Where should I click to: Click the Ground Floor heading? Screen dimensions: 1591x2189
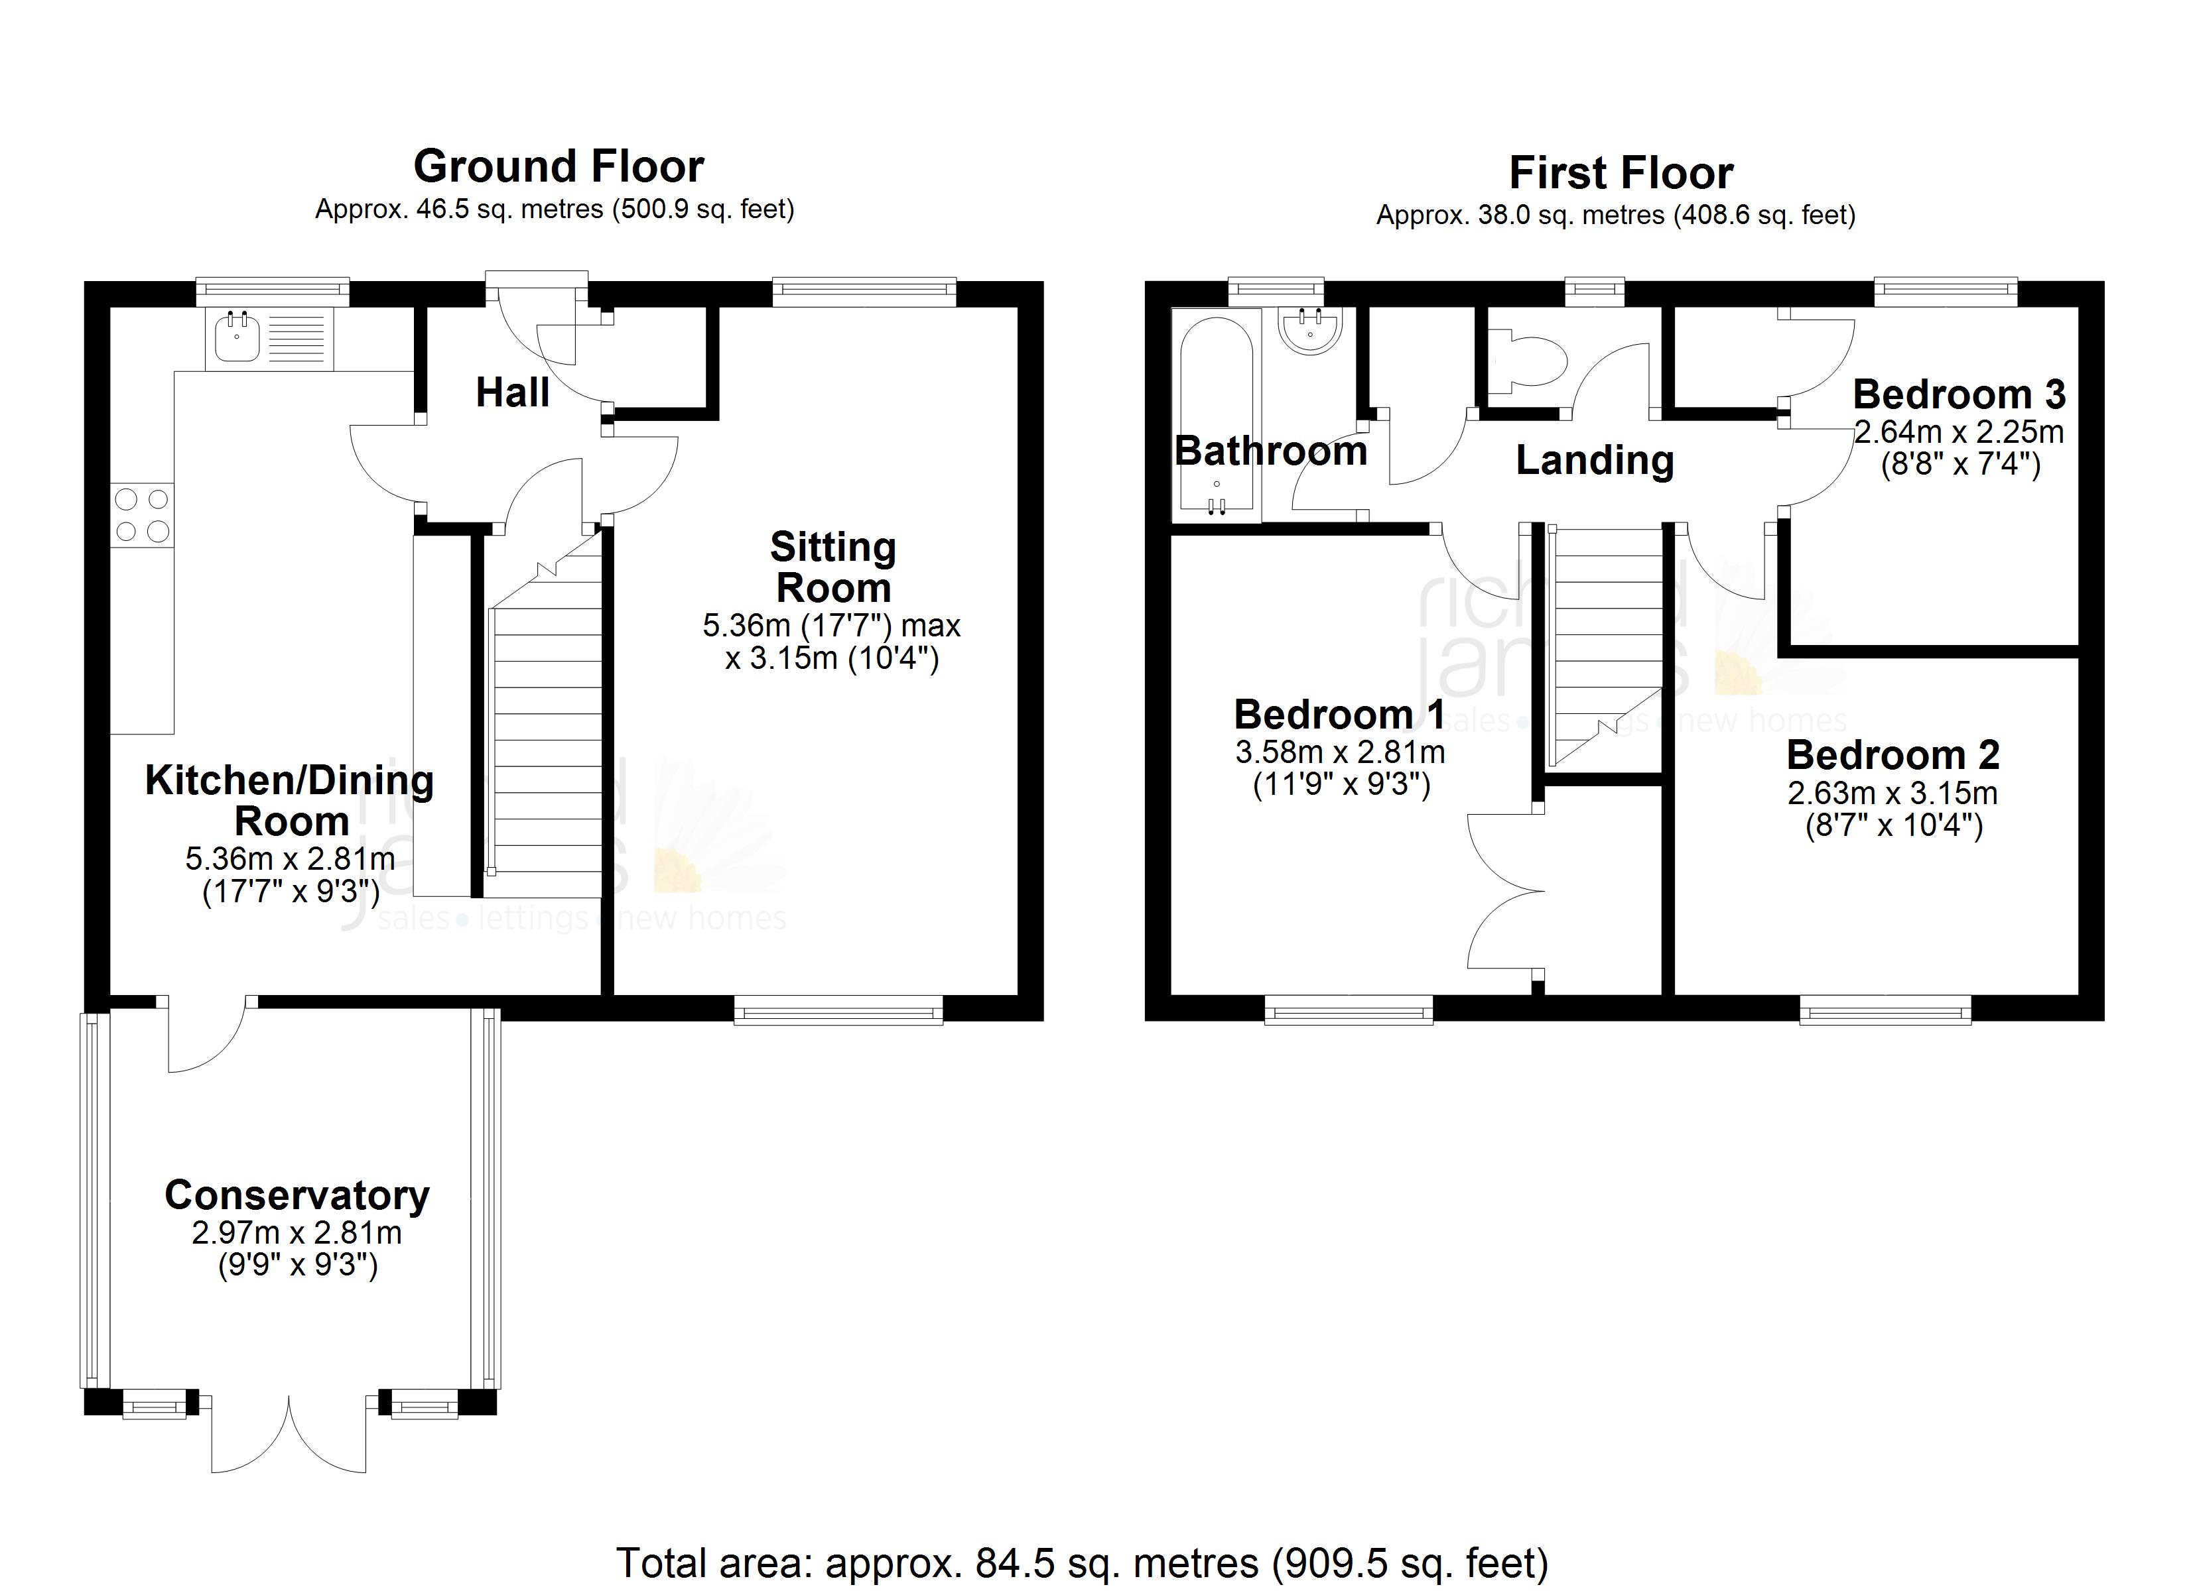558,167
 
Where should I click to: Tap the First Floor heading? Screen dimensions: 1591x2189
1621,174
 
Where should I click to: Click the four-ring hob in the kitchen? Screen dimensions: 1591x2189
142,515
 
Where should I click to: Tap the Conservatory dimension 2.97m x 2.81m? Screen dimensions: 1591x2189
297,1232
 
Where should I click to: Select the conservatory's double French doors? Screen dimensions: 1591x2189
289,1435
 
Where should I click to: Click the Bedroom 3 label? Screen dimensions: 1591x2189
1958,394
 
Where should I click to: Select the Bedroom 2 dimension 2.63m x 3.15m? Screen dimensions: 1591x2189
1892,793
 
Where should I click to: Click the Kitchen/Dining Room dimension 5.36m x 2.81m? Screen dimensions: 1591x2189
290,858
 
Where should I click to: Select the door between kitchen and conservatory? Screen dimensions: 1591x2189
208,1034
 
